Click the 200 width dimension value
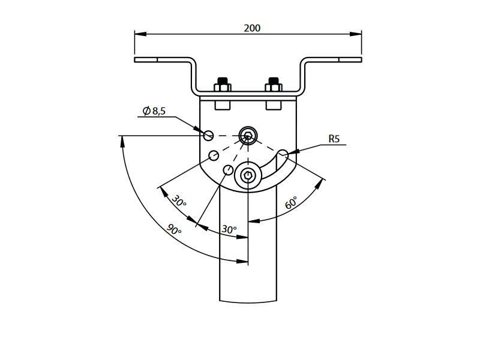[252, 28]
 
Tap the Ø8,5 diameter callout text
[154, 111]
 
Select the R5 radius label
[334, 139]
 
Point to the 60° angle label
[291, 203]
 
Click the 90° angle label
[175, 229]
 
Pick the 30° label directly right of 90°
[229, 229]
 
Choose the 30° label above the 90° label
[179, 200]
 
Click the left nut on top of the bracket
[223, 85]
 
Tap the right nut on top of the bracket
[274, 85]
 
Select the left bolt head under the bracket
[223, 106]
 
